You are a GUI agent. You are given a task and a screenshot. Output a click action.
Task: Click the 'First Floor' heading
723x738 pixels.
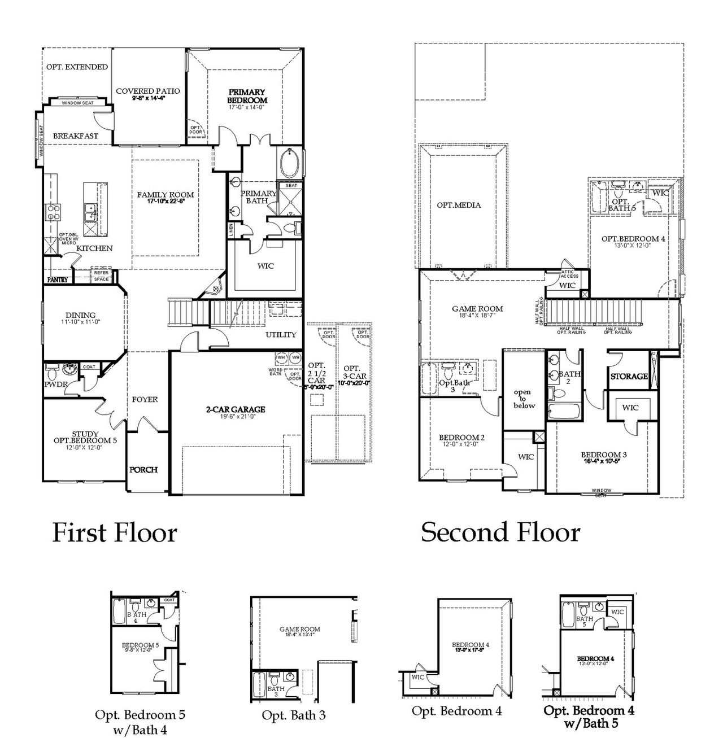point(115,532)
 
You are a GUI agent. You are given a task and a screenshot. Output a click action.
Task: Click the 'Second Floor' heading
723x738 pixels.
point(500,532)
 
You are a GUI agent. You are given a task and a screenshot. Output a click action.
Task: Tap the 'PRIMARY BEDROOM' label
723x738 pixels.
point(247,96)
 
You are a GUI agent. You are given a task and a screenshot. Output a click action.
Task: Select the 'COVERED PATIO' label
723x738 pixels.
point(148,91)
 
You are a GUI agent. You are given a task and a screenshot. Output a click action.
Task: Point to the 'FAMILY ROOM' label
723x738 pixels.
point(165,195)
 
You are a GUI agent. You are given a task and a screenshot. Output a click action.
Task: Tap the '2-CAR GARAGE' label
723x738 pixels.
point(235,409)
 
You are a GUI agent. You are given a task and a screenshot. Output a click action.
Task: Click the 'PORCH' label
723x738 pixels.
point(143,469)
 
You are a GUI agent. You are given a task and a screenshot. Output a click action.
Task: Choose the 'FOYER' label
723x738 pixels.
point(145,399)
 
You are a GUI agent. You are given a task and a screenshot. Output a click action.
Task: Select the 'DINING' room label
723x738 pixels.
point(81,315)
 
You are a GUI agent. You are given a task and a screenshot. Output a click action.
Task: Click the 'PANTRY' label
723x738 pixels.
point(57,280)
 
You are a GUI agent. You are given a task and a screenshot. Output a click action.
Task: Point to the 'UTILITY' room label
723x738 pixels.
point(281,335)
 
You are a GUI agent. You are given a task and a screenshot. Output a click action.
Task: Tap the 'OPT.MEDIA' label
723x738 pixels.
point(459,205)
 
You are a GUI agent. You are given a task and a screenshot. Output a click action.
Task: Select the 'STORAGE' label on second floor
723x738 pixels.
point(629,376)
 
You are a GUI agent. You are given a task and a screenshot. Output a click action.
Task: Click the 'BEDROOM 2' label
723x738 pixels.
point(461,438)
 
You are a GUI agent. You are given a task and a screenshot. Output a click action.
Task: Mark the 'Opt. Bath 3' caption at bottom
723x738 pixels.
point(293,715)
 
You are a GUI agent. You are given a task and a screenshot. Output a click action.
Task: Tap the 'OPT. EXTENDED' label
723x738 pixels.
point(77,67)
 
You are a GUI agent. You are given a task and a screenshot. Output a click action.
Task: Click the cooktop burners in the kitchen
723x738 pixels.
point(53,212)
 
